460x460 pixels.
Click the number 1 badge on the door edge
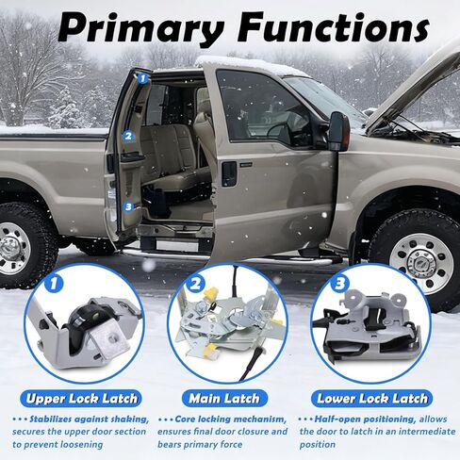pyautogui.click(x=142, y=79)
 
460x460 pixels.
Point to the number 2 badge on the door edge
pyautogui.click(x=128, y=135)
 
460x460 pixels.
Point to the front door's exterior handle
pyautogui.click(x=229, y=173)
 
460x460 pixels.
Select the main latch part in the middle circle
pyautogui.click(x=226, y=335)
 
